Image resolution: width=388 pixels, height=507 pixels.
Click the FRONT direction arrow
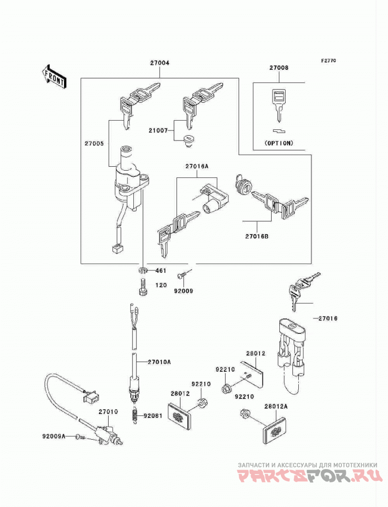[54, 76]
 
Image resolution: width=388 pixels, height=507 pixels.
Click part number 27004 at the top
[160, 63]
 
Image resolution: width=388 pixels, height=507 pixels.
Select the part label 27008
[279, 68]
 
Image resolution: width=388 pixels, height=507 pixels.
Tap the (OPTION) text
[278, 143]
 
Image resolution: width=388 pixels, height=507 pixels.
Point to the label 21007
[158, 131]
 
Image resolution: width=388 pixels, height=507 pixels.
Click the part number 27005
[94, 143]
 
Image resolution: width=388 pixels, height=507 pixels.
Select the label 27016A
[197, 167]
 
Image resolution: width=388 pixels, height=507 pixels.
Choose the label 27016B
[257, 237]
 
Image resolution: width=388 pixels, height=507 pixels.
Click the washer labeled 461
[142, 270]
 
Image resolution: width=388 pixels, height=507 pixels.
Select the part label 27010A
[159, 362]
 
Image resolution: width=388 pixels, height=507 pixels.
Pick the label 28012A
[275, 407]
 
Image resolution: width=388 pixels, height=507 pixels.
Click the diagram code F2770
[328, 61]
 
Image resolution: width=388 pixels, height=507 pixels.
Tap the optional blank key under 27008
[278, 105]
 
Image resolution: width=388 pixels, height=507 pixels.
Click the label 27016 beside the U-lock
[328, 318]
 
